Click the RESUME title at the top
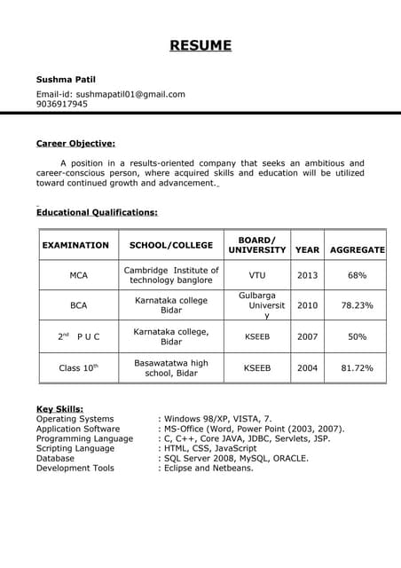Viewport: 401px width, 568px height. click(x=200, y=45)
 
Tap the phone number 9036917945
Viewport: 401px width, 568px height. click(x=62, y=104)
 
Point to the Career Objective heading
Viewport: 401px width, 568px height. click(x=75, y=142)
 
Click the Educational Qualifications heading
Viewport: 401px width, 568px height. click(x=97, y=212)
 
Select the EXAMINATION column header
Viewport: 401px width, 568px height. click(x=75, y=245)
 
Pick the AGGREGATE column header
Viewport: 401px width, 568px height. click(x=357, y=250)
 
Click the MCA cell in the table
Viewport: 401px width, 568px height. click(x=79, y=275)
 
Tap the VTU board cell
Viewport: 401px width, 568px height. click(x=257, y=275)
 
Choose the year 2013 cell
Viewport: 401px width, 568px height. click(x=307, y=275)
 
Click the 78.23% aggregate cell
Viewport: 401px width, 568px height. click(x=357, y=305)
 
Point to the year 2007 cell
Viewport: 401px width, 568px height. click(x=307, y=336)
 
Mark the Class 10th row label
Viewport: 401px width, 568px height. click(x=79, y=367)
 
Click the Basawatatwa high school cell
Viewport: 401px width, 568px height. click(x=171, y=368)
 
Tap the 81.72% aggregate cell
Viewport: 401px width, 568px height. click(x=357, y=367)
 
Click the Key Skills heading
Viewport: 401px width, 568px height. click(x=60, y=408)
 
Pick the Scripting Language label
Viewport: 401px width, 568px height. click(x=75, y=448)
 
